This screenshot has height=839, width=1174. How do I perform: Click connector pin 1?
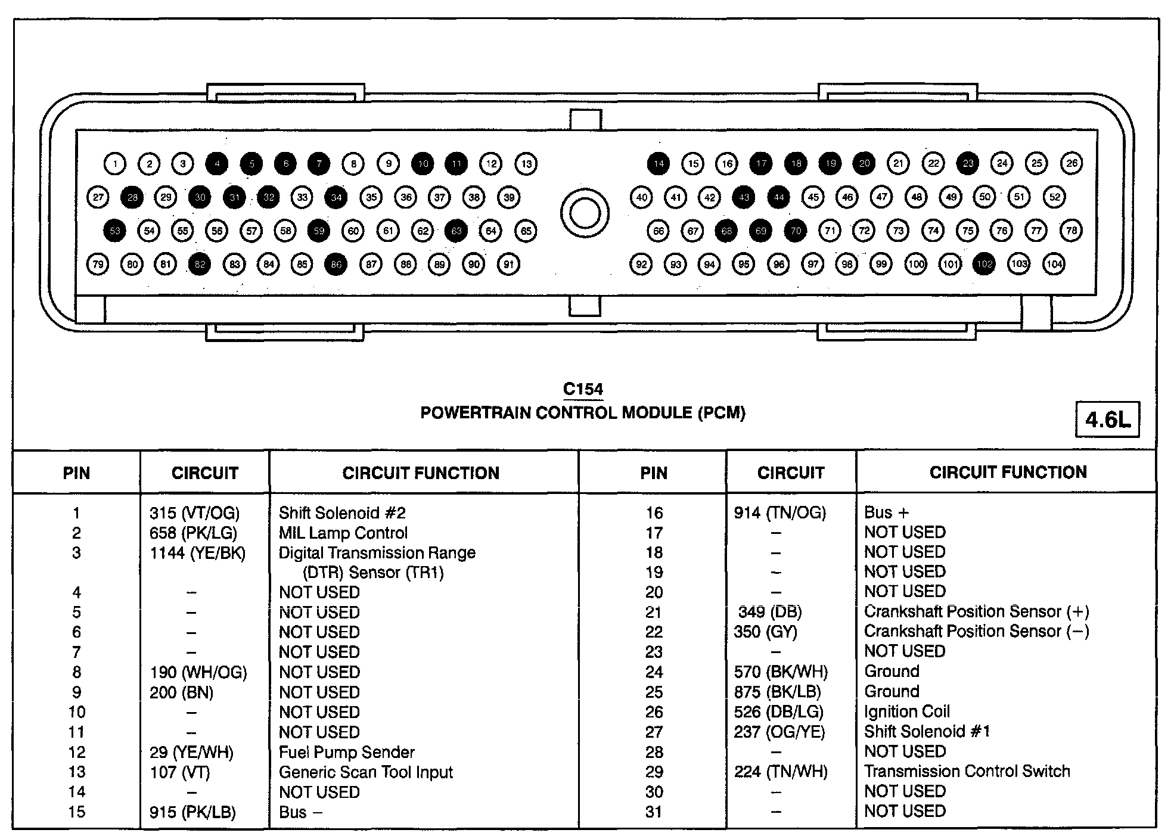[114, 163]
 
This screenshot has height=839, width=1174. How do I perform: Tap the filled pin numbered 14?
[658, 163]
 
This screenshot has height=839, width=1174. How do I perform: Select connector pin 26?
[1071, 163]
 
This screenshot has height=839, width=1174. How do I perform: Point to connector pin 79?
[98, 264]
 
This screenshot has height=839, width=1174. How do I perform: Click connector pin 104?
[1054, 264]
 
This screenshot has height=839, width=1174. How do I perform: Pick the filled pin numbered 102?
[984, 264]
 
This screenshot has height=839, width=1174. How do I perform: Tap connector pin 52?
[1054, 197]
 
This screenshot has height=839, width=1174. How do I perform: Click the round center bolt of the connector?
[584, 213]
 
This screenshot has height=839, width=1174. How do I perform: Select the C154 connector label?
[583, 390]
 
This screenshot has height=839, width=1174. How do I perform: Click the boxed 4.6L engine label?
[1107, 420]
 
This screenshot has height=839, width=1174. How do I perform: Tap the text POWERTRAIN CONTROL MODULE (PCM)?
[583, 413]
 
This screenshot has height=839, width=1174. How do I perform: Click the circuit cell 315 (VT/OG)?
[194, 513]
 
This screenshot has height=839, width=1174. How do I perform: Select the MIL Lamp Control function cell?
[343, 533]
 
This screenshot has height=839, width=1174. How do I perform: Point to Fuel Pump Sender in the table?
[346, 752]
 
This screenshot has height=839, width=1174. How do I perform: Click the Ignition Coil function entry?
[907, 711]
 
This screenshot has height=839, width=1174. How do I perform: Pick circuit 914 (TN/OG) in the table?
[780, 513]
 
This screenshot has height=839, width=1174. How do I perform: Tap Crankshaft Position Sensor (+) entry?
[976, 612]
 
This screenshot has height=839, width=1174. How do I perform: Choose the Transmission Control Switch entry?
[967, 771]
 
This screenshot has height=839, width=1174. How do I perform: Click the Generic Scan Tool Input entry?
[365, 772]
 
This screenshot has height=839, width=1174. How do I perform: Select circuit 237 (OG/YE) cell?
[779, 732]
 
